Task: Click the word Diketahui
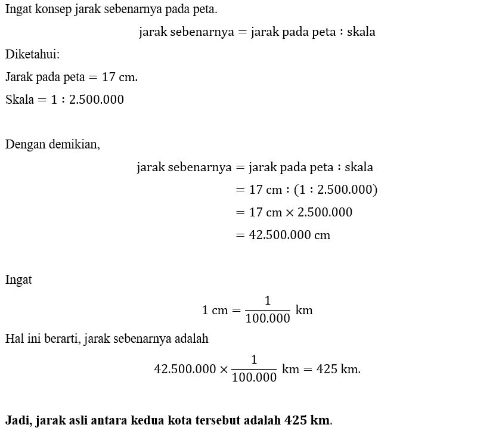(x=32, y=54)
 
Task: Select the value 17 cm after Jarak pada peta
(x=119, y=77)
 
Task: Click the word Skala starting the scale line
(x=19, y=100)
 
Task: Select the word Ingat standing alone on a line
(x=18, y=280)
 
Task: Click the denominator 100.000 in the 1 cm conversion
(x=267, y=318)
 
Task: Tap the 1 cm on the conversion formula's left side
(x=213, y=310)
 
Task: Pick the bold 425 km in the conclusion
(x=307, y=420)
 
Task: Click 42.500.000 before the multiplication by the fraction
(x=185, y=369)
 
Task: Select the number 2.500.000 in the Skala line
(x=97, y=100)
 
